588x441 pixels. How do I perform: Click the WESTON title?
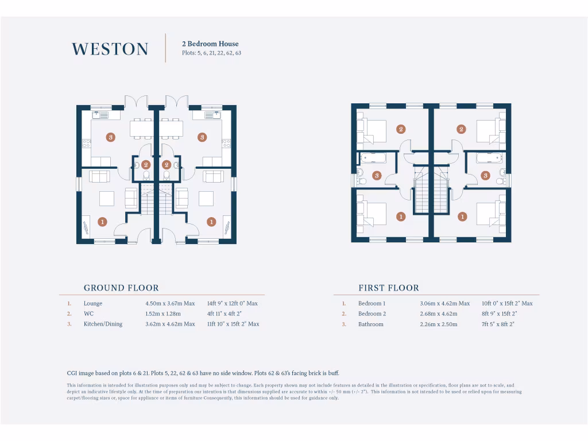point(110,49)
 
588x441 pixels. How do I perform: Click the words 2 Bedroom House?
point(210,44)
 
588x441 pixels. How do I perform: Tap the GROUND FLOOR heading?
point(121,288)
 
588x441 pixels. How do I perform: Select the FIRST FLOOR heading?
point(389,288)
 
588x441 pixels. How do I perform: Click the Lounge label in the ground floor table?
point(92,303)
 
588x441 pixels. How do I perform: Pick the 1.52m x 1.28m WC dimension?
point(163,314)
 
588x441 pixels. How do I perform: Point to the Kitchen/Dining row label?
point(103,324)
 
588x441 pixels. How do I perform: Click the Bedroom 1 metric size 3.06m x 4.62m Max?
point(444,303)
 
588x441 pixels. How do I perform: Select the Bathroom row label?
point(370,324)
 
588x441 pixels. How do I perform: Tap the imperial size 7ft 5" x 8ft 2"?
point(498,324)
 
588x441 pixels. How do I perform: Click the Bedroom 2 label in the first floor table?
point(372,314)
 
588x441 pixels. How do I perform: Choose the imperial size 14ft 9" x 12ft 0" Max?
point(232,303)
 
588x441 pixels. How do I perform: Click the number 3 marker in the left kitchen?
point(111,137)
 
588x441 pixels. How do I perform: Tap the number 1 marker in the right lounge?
point(211,222)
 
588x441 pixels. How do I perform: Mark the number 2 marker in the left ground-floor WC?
point(146,165)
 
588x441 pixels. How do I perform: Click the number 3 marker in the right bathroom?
point(485,175)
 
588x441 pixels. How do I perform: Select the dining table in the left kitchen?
point(141,129)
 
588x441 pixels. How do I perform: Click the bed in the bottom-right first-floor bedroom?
point(487,214)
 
